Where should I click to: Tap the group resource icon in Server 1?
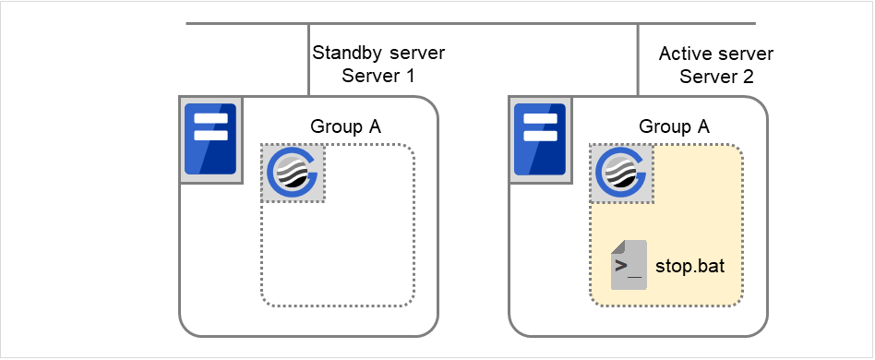click(x=293, y=173)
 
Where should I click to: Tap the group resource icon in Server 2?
click(x=622, y=173)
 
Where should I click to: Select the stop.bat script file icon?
click(x=629, y=265)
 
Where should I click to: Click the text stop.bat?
click(x=689, y=267)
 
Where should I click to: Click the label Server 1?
click(x=378, y=77)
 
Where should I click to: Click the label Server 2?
click(x=716, y=77)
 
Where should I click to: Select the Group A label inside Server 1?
click(x=345, y=127)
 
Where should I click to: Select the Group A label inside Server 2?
click(x=674, y=127)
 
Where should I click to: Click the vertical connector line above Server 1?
click(x=308, y=60)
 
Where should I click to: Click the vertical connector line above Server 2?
click(x=638, y=60)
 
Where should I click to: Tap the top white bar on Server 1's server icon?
click(x=210, y=118)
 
